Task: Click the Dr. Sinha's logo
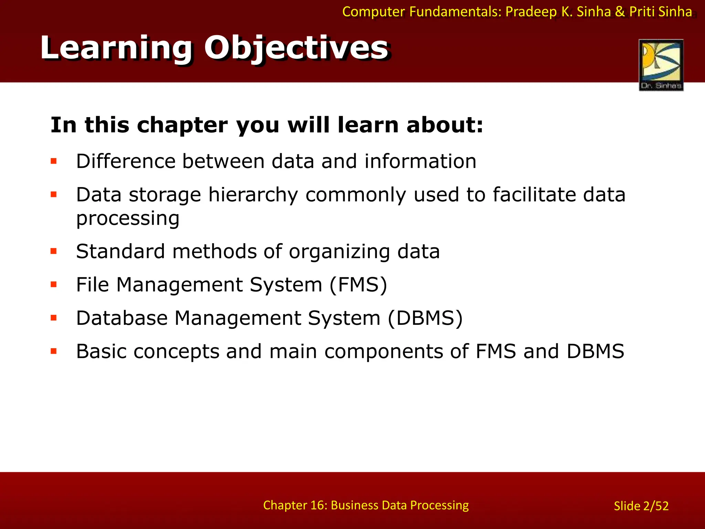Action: click(661, 65)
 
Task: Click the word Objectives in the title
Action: click(296, 48)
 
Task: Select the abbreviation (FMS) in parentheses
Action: click(358, 285)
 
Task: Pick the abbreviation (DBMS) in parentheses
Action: click(425, 318)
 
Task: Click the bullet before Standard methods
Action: click(54, 251)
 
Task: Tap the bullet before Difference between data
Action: click(54, 161)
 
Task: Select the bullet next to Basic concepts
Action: click(54, 351)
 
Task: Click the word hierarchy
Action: click(253, 195)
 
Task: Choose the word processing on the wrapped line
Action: click(128, 219)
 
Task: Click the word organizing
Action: click(339, 252)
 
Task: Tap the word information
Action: click(420, 161)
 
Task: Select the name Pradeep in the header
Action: click(531, 12)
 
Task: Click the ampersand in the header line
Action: click(620, 12)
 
